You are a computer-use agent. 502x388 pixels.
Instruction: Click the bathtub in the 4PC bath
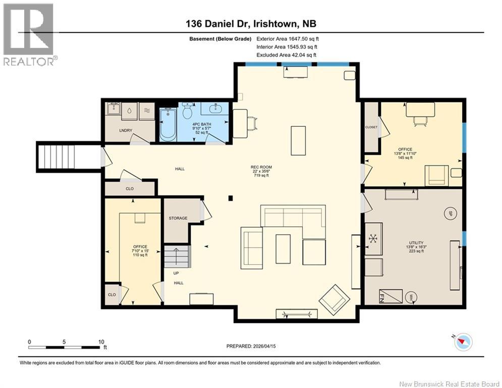[168, 125]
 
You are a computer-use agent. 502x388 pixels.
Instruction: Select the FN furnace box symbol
[391, 296]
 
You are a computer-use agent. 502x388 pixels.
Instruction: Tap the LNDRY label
[126, 130]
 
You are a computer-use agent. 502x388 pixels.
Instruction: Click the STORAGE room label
[178, 218]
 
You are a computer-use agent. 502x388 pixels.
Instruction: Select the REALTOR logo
[29, 33]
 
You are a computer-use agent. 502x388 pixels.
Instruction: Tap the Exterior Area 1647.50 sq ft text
[288, 38]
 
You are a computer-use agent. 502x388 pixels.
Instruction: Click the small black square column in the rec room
[230, 198]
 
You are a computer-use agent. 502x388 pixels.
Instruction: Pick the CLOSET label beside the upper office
[371, 127]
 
